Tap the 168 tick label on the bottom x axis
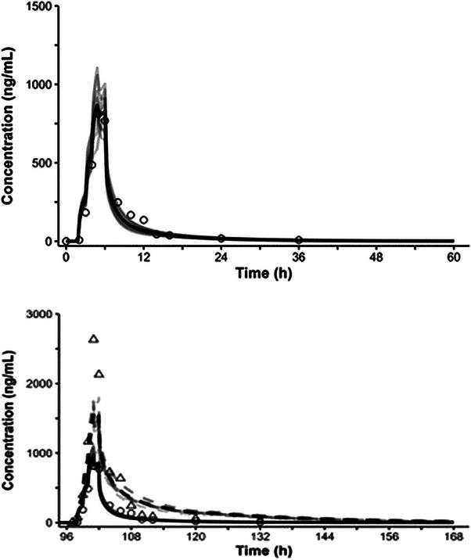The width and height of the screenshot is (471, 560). (452, 537)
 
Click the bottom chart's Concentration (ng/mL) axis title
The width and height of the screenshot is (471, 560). (9, 422)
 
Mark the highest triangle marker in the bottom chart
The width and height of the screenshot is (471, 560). (94, 339)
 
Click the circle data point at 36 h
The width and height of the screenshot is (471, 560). (298, 239)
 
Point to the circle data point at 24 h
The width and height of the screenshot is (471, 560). (221, 238)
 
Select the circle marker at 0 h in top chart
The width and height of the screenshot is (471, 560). (67, 241)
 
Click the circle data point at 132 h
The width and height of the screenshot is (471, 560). (260, 521)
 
